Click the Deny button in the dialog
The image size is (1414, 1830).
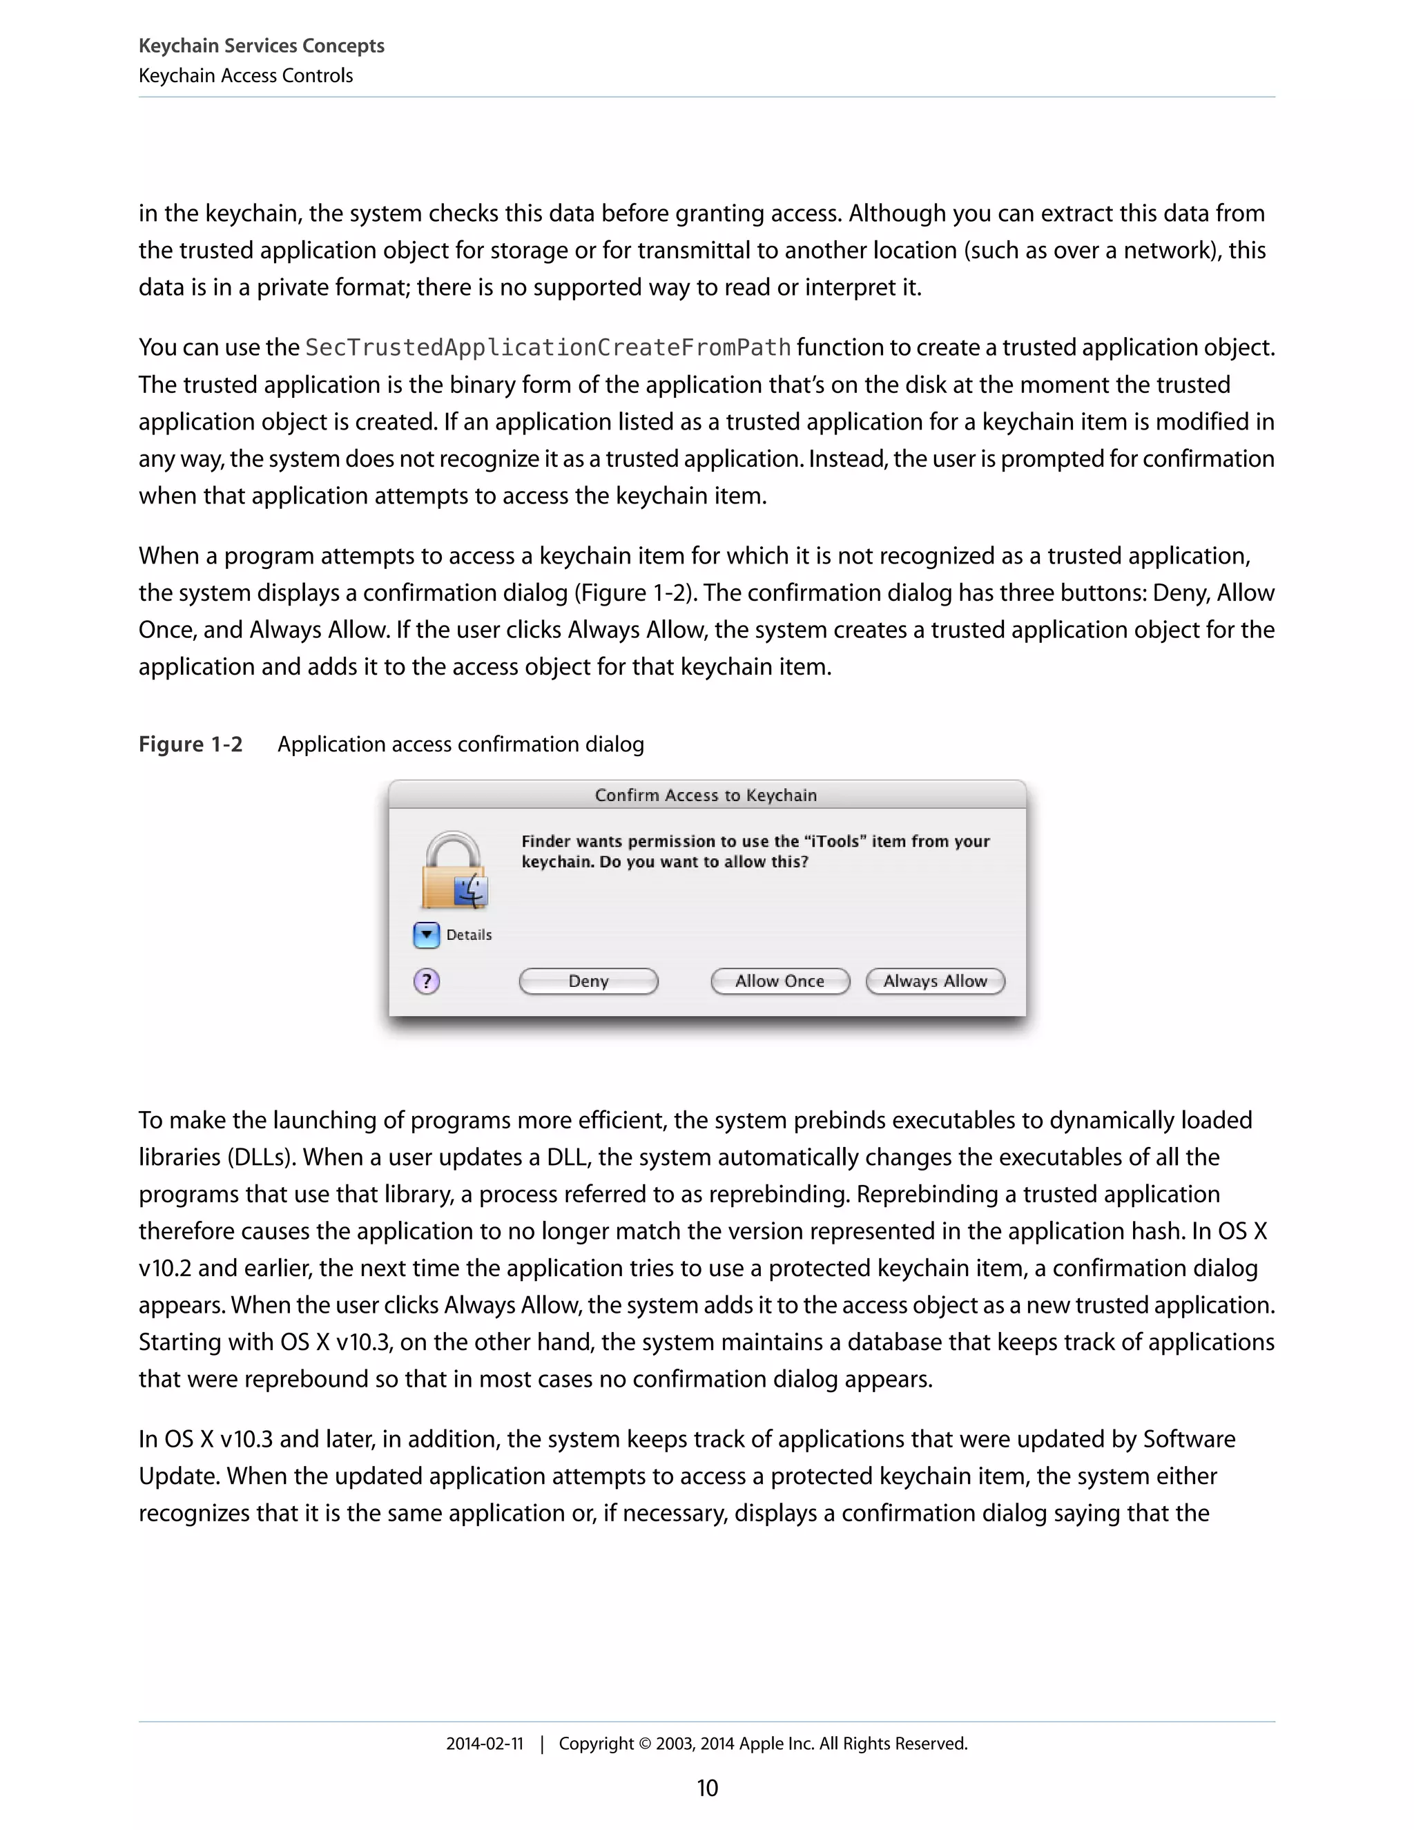[588, 981]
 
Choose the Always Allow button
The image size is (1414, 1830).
[935, 981]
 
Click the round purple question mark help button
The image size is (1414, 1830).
[427, 981]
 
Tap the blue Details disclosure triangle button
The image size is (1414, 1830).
[427, 934]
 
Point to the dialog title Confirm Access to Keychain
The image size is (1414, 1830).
[706, 795]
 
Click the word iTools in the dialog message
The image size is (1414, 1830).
[836, 841]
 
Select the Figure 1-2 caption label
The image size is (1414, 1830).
[190, 744]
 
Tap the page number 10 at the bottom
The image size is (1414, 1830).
[707, 1788]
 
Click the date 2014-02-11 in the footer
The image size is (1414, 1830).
[484, 1744]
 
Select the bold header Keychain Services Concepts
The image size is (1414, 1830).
[262, 46]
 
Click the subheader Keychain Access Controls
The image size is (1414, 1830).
[245, 75]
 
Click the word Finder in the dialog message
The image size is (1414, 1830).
[545, 841]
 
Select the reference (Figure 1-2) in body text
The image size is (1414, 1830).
[634, 593]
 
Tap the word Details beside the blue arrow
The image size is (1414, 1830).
[469, 934]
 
